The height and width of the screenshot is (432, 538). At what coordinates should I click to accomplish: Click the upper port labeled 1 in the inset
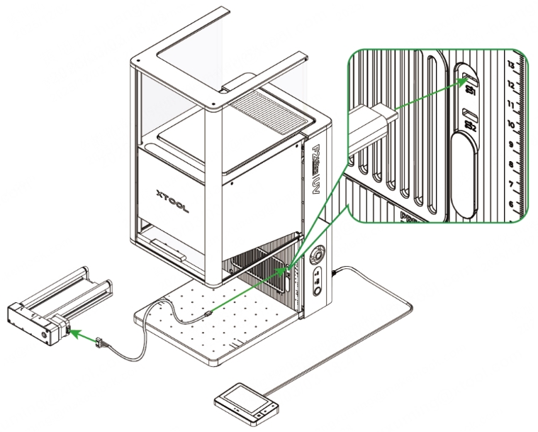coord(468,73)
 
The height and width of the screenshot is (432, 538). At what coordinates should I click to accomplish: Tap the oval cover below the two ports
coord(465,175)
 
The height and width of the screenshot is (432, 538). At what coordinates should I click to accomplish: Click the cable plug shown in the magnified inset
coord(368,125)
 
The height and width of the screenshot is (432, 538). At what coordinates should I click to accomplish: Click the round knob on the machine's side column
coord(318,253)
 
